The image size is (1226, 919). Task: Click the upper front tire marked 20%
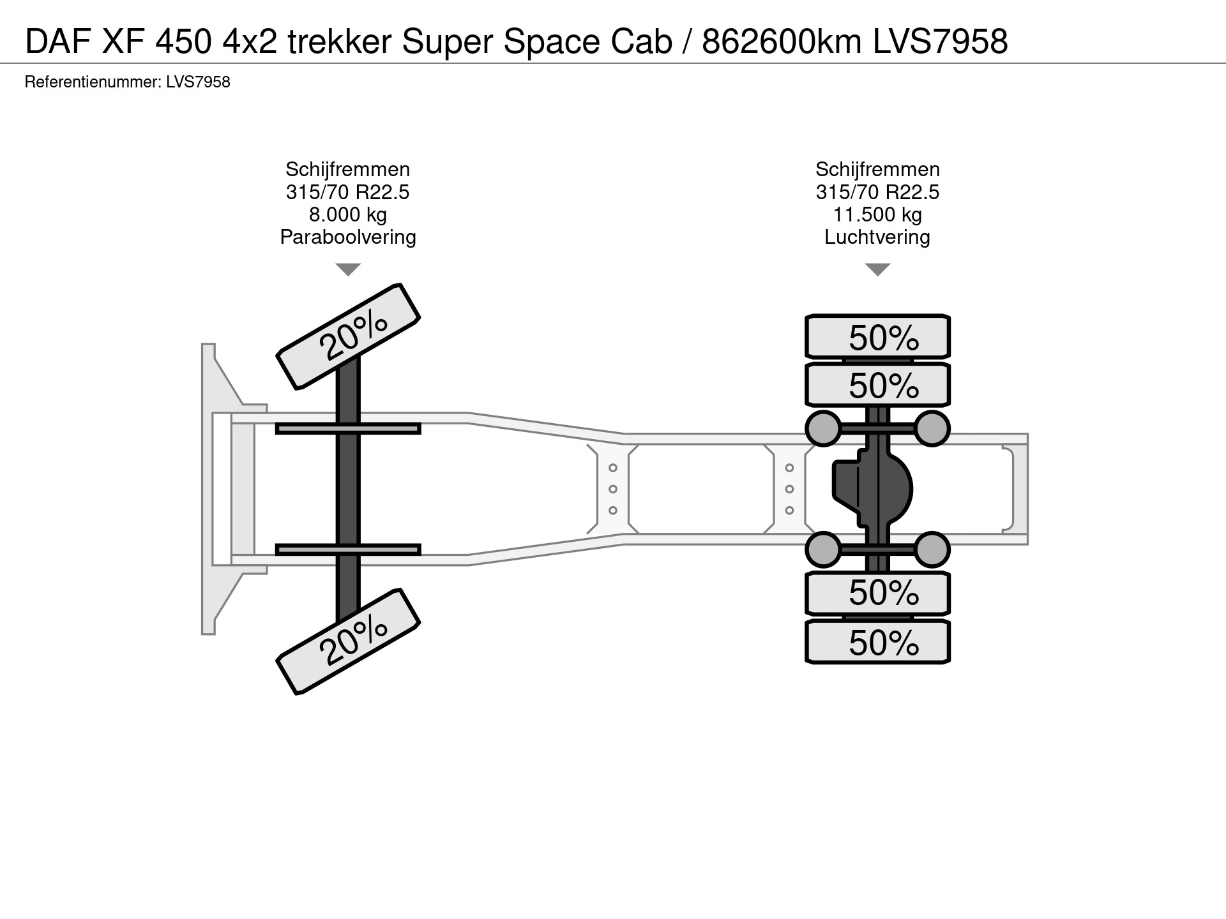coord(348,336)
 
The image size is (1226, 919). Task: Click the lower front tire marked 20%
coord(348,641)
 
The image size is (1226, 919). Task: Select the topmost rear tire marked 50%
coord(877,336)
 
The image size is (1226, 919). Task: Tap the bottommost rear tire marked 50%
coord(877,641)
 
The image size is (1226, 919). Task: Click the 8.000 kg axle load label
coord(348,214)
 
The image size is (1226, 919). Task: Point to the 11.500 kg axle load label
coord(877,214)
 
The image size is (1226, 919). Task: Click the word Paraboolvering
coord(348,237)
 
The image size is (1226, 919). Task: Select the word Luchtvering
coord(877,237)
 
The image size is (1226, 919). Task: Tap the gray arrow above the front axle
coord(348,269)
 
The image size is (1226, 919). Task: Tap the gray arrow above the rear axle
coord(877,269)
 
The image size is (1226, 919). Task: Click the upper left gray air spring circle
coord(824,428)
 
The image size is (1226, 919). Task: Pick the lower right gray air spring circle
coord(932,549)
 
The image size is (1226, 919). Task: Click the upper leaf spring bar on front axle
coord(348,428)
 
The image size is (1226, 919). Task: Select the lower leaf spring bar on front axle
coord(348,549)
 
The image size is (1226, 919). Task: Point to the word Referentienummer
coord(91,82)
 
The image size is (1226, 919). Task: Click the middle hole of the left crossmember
coord(612,489)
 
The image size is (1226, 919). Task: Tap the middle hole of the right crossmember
coord(789,489)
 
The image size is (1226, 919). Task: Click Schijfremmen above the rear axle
coord(877,169)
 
